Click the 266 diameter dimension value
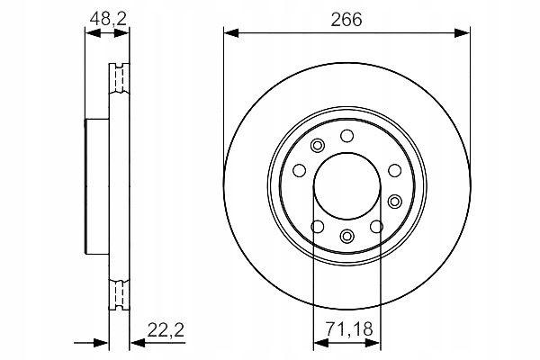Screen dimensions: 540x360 [x=346, y=19]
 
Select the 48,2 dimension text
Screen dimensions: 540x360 [x=108, y=19]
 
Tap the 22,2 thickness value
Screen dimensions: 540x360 [x=166, y=330]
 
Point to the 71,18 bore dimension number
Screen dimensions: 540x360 [x=349, y=329]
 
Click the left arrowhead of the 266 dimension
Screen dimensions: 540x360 [x=231, y=33]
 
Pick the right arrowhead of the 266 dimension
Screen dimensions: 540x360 [x=462, y=33]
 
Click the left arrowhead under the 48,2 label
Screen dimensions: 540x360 [x=93, y=33]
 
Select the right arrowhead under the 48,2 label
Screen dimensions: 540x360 [x=121, y=33]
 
